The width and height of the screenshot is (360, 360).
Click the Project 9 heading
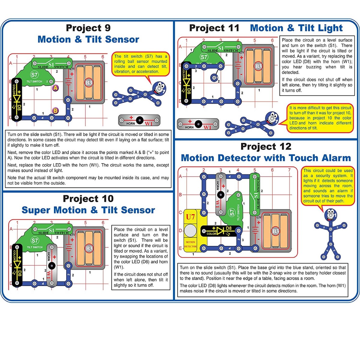pos(88,28)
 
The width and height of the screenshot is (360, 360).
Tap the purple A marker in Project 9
pos(55,88)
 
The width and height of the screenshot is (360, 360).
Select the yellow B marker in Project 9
pos(55,111)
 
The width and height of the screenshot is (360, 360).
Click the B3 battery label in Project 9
pos(89,83)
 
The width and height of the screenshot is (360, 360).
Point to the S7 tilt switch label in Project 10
pos(35,241)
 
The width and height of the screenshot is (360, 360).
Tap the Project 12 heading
pos(266,146)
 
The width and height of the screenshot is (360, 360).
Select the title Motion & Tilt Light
pos(296,28)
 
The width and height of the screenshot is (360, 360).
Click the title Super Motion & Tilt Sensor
pos(88,210)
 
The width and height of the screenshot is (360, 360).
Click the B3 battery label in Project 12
pos(275,231)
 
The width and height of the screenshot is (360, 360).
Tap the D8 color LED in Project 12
pos(221,231)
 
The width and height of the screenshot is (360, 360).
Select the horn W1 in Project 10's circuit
pos(52,265)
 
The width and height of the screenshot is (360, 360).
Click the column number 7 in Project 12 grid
pos(289,170)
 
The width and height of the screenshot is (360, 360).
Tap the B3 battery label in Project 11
pos(258,66)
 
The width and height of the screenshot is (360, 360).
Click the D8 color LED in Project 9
pos(17,99)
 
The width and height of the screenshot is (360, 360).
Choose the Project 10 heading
pos(88,199)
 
